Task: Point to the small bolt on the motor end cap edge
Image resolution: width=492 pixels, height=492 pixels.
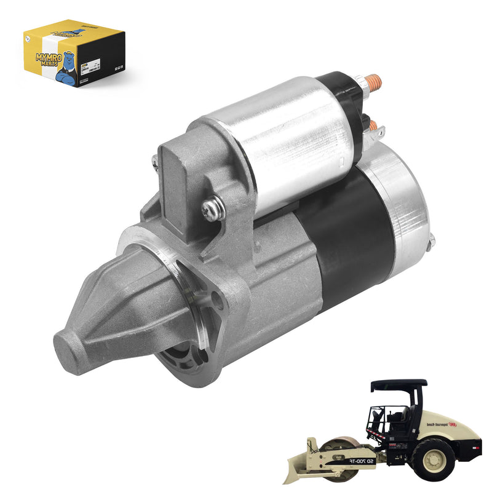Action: coord(432,241)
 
